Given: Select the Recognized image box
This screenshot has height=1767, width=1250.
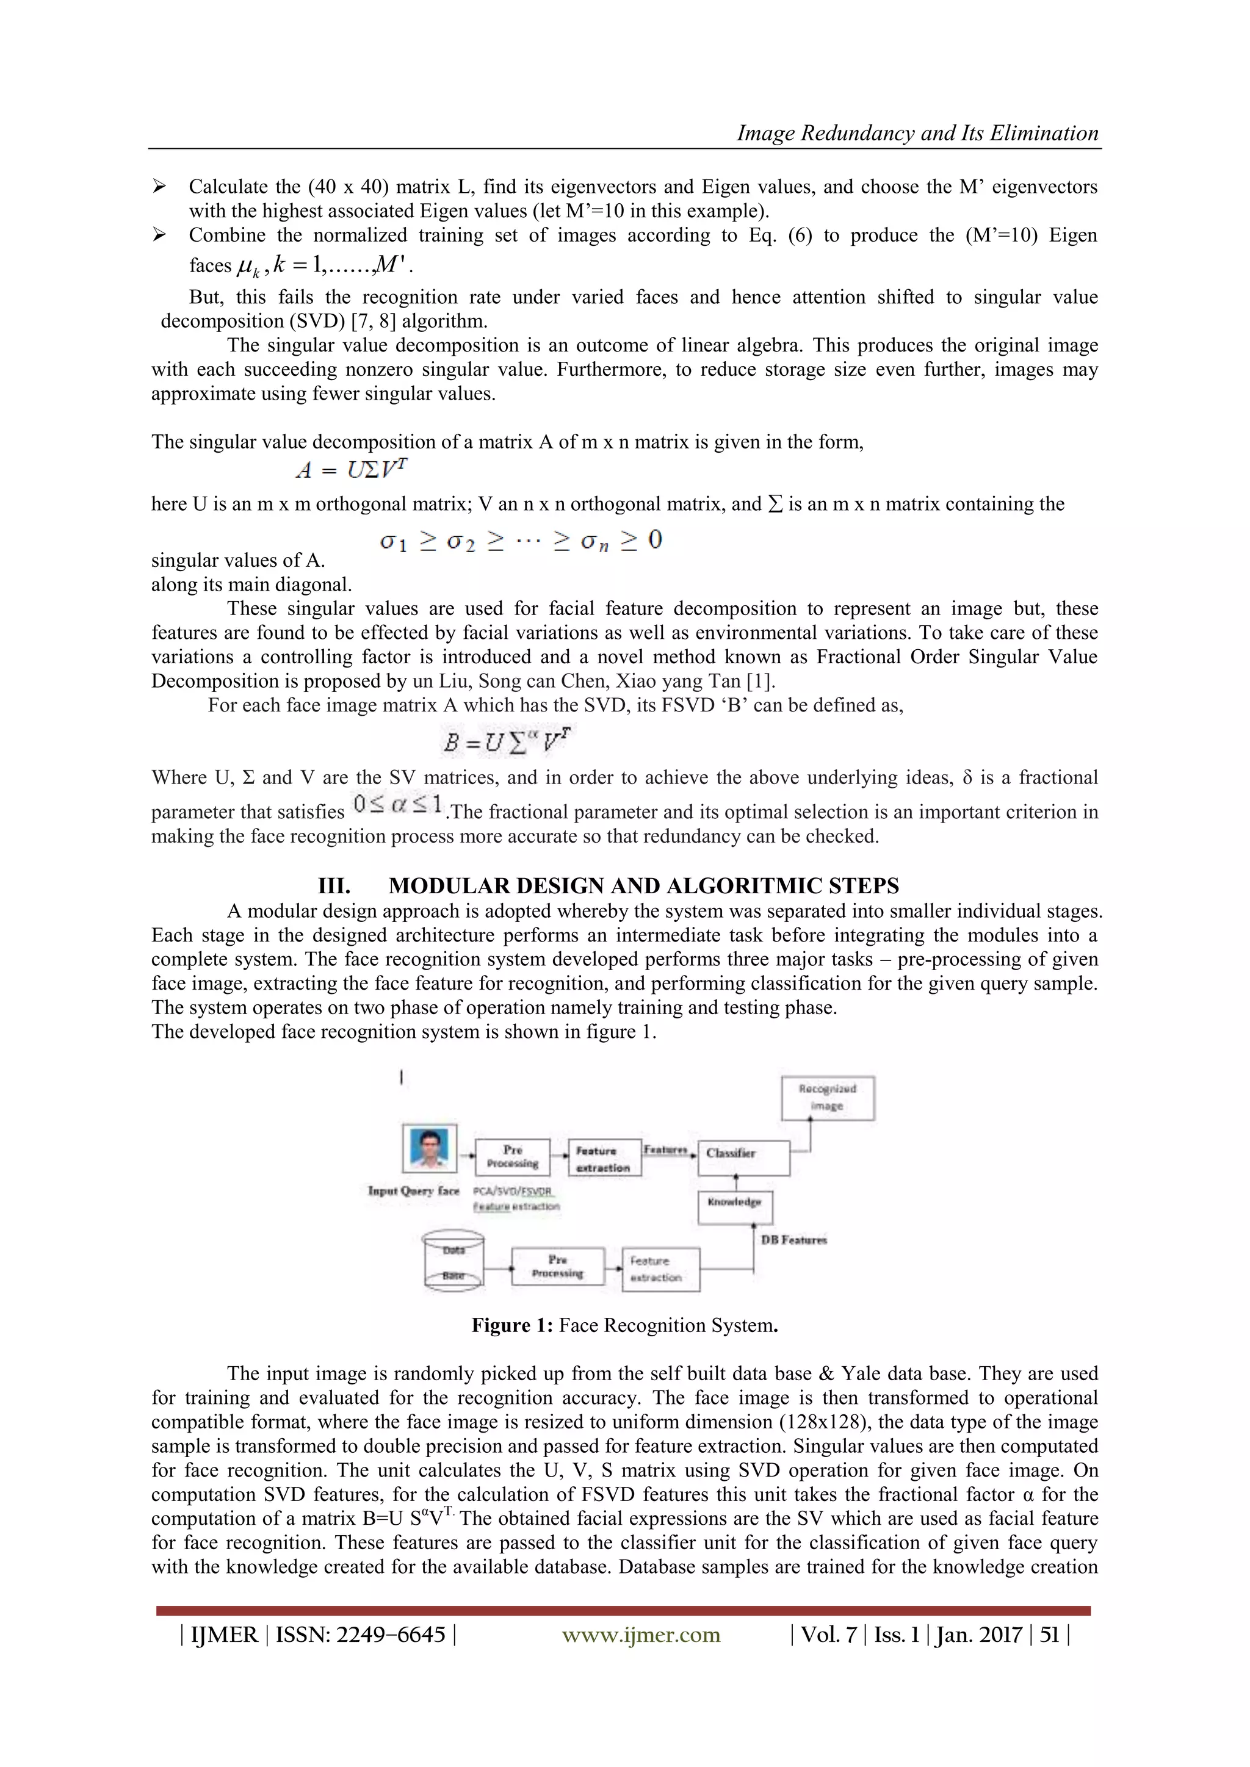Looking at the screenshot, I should [828, 1098].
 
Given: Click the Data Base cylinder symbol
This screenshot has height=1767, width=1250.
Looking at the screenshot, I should [453, 1261].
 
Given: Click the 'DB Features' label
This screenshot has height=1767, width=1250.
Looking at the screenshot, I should [793, 1240].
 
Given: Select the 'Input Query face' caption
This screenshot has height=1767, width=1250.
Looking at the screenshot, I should [413, 1190].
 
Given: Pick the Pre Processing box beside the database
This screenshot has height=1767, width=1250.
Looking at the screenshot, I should [557, 1266].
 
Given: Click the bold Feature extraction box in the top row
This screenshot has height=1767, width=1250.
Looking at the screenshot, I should [604, 1158].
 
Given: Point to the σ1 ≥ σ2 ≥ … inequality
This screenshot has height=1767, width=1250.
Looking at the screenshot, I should [520, 540].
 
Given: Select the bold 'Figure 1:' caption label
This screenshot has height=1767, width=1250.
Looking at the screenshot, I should [513, 1325].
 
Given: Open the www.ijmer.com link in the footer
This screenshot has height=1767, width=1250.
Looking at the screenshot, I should [641, 1634].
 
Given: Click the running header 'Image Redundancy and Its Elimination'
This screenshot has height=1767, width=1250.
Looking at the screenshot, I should [917, 133].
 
